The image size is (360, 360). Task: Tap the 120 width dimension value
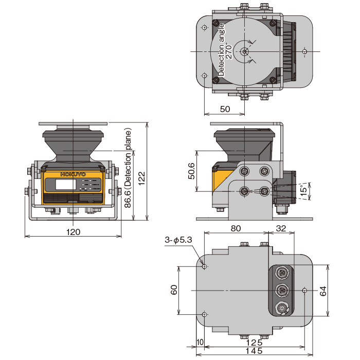pos(74,232)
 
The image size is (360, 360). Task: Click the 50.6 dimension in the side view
pos(191,172)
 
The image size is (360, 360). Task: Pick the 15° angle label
pos(303,191)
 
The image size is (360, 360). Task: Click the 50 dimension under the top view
pos(225,109)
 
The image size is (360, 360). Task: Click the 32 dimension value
pos(281,228)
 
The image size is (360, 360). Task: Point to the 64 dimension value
pos(323,291)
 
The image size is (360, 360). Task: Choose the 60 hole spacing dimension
pos(174,291)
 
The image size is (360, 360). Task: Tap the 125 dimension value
pos(253,343)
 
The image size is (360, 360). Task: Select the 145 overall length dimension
pos(253,351)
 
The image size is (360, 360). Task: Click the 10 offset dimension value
pos(200,343)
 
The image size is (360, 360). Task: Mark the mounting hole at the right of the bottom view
pos(305,291)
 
